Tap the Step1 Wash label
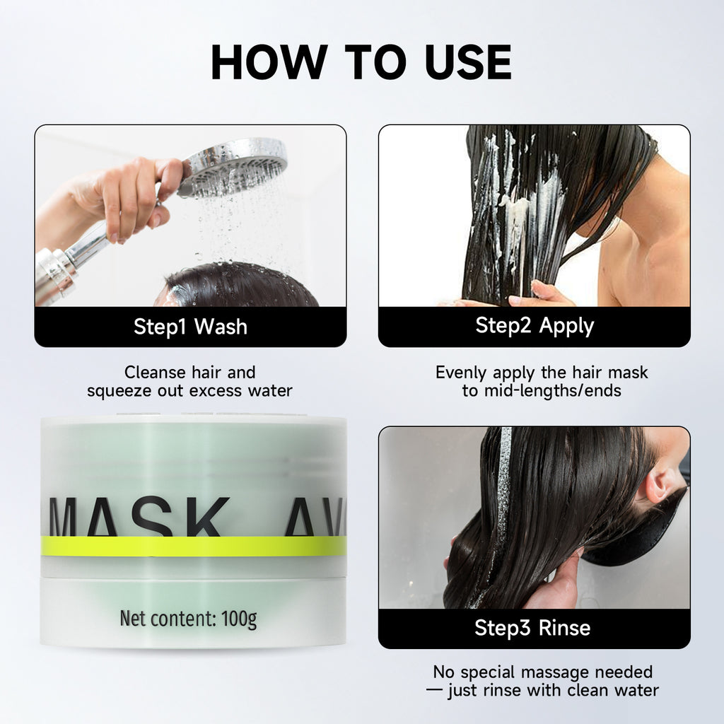[190, 327]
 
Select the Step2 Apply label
[535, 326]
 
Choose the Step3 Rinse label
[532, 628]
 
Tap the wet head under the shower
[240, 286]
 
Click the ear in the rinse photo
[661, 484]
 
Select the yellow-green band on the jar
[193, 546]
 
